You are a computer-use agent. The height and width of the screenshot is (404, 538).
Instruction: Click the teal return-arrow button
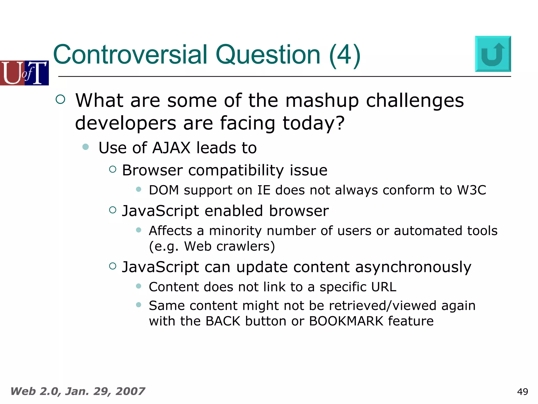493,54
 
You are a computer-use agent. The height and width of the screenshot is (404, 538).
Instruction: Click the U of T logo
24,73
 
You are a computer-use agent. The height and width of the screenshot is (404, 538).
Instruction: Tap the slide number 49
523,392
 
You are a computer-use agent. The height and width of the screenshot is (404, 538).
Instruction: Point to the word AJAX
171,148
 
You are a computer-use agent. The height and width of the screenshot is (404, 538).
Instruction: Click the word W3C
472,190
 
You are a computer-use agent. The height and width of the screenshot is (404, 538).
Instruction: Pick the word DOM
164,190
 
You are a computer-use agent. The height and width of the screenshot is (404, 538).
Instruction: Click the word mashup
322,101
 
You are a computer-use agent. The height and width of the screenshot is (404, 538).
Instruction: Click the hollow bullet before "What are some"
60,99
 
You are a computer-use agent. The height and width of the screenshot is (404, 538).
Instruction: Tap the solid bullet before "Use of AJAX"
85,147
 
